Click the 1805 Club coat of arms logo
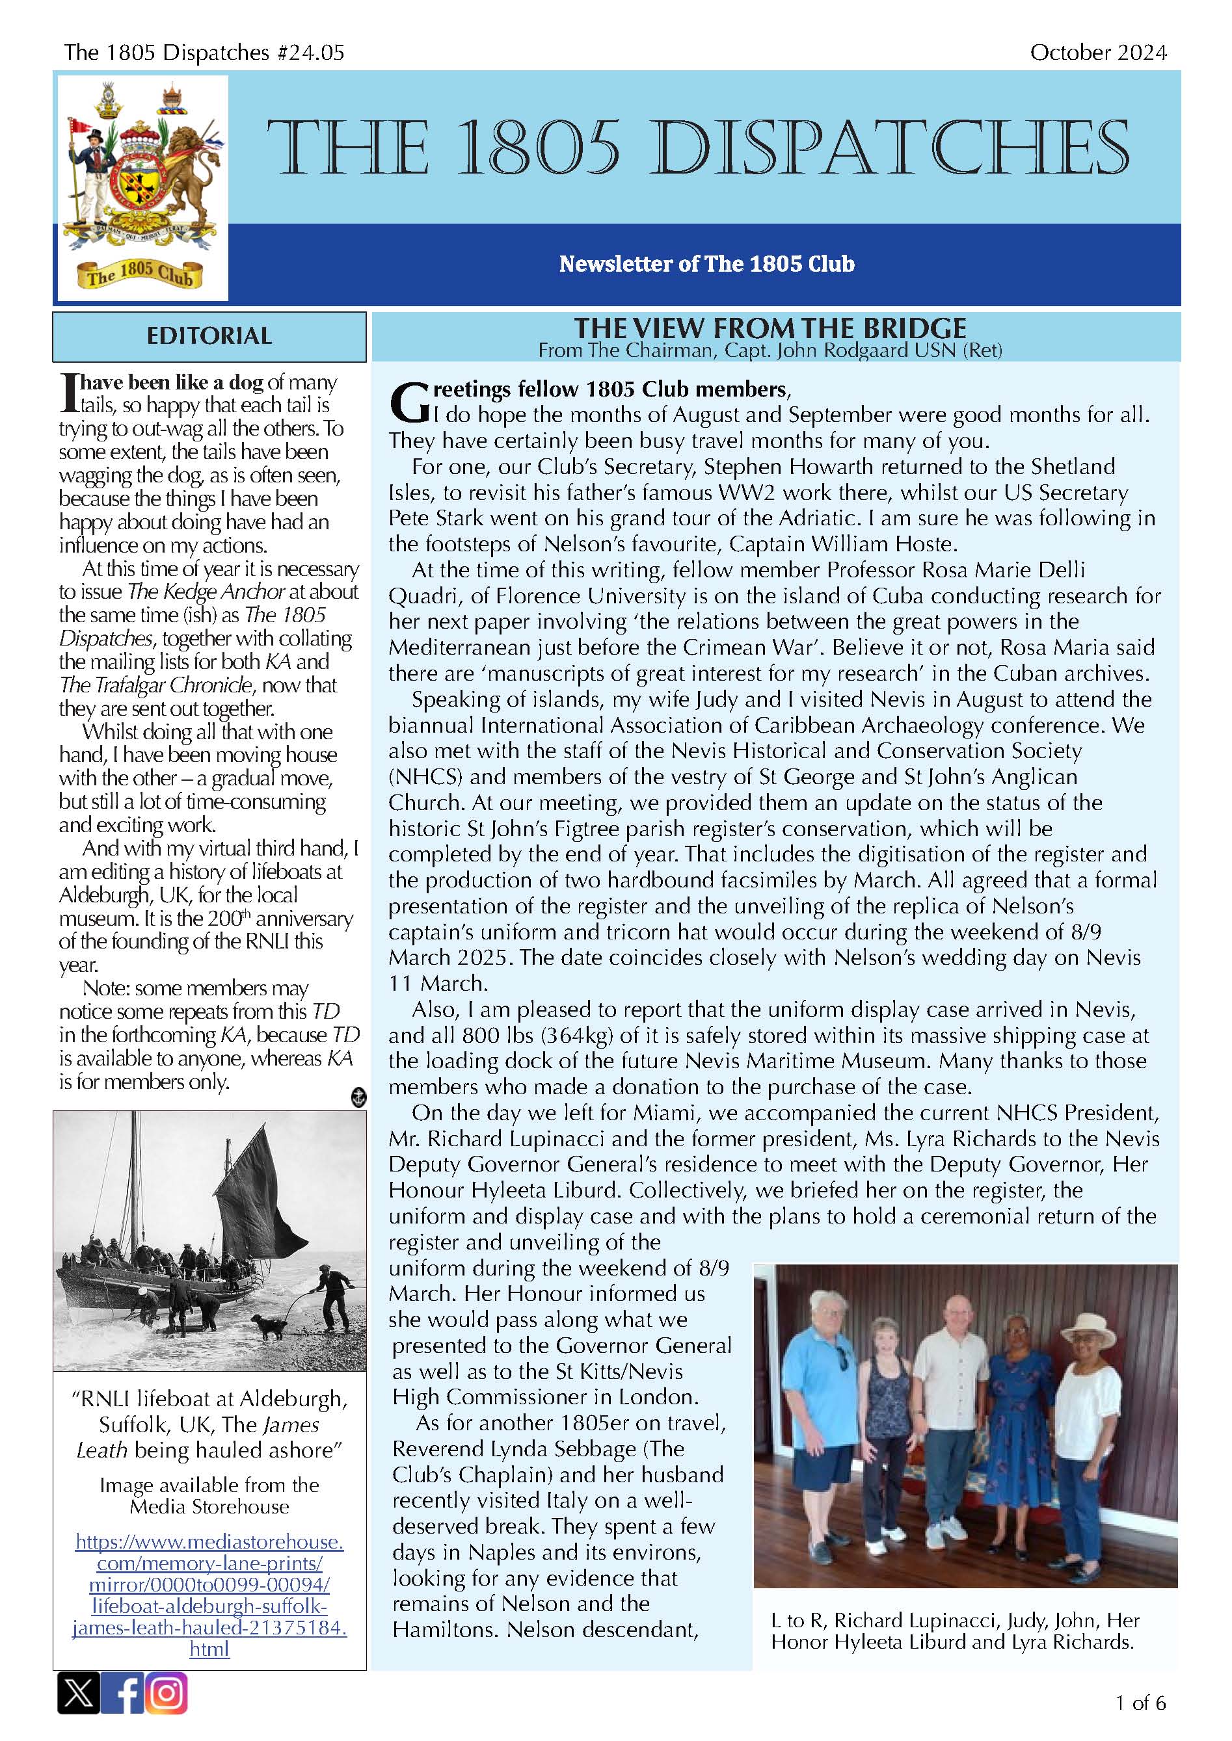coord(142,187)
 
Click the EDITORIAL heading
coord(209,336)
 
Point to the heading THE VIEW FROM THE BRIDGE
coord(770,328)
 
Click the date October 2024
coord(1098,52)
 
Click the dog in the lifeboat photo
coord(270,1328)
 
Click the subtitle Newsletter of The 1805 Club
coord(706,264)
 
